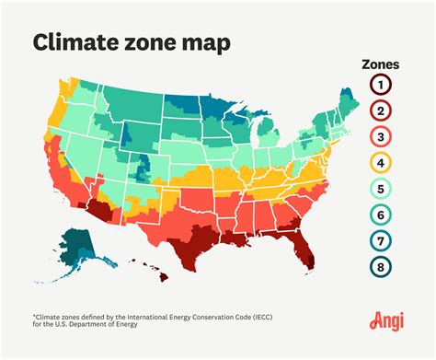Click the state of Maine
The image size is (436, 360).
[x=348, y=99]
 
